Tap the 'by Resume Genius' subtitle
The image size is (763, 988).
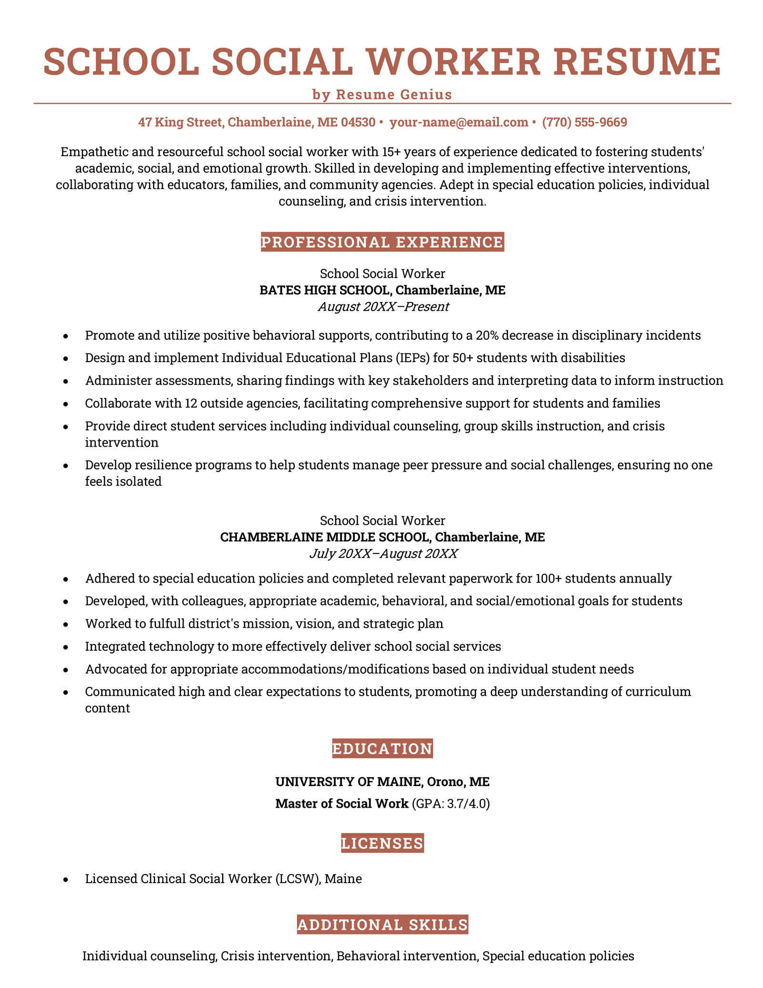[x=382, y=94]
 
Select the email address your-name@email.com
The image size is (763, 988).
[x=458, y=123]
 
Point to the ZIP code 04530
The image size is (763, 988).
[x=358, y=123]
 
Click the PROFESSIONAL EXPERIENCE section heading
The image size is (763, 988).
[x=382, y=242]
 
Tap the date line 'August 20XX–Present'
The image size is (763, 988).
[x=383, y=307]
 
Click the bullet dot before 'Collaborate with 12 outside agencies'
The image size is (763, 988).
[x=66, y=404]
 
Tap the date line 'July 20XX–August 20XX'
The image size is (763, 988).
[x=383, y=554]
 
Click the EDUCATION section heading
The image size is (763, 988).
[x=382, y=749]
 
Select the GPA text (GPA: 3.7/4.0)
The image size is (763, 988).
[x=450, y=804]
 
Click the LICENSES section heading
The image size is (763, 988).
[x=382, y=844]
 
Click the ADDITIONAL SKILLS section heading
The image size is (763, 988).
[x=382, y=925]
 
